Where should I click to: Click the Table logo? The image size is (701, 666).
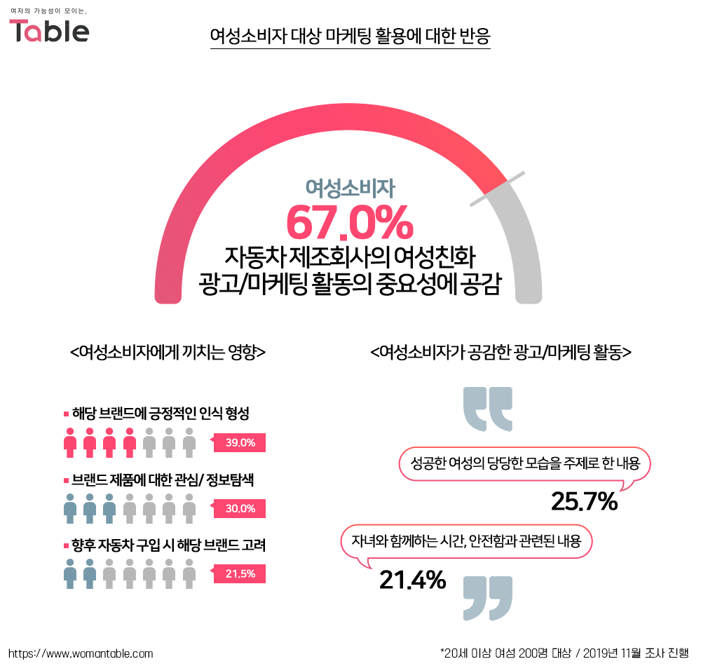[49, 30]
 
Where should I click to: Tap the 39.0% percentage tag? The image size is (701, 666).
[240, 442]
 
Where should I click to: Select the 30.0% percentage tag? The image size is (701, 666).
[240, 508]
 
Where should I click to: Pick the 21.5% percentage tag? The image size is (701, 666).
[240, 574]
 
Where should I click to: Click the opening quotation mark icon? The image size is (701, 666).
[489, 408]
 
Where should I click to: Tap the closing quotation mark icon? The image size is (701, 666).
[489, 598]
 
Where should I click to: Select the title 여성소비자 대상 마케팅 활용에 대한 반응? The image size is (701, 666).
[350, 35]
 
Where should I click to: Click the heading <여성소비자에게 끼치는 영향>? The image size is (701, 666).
[168, 352]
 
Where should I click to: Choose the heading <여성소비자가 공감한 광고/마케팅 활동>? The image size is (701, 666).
[501, 352]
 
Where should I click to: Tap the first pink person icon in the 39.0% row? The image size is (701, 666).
[69, 442]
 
